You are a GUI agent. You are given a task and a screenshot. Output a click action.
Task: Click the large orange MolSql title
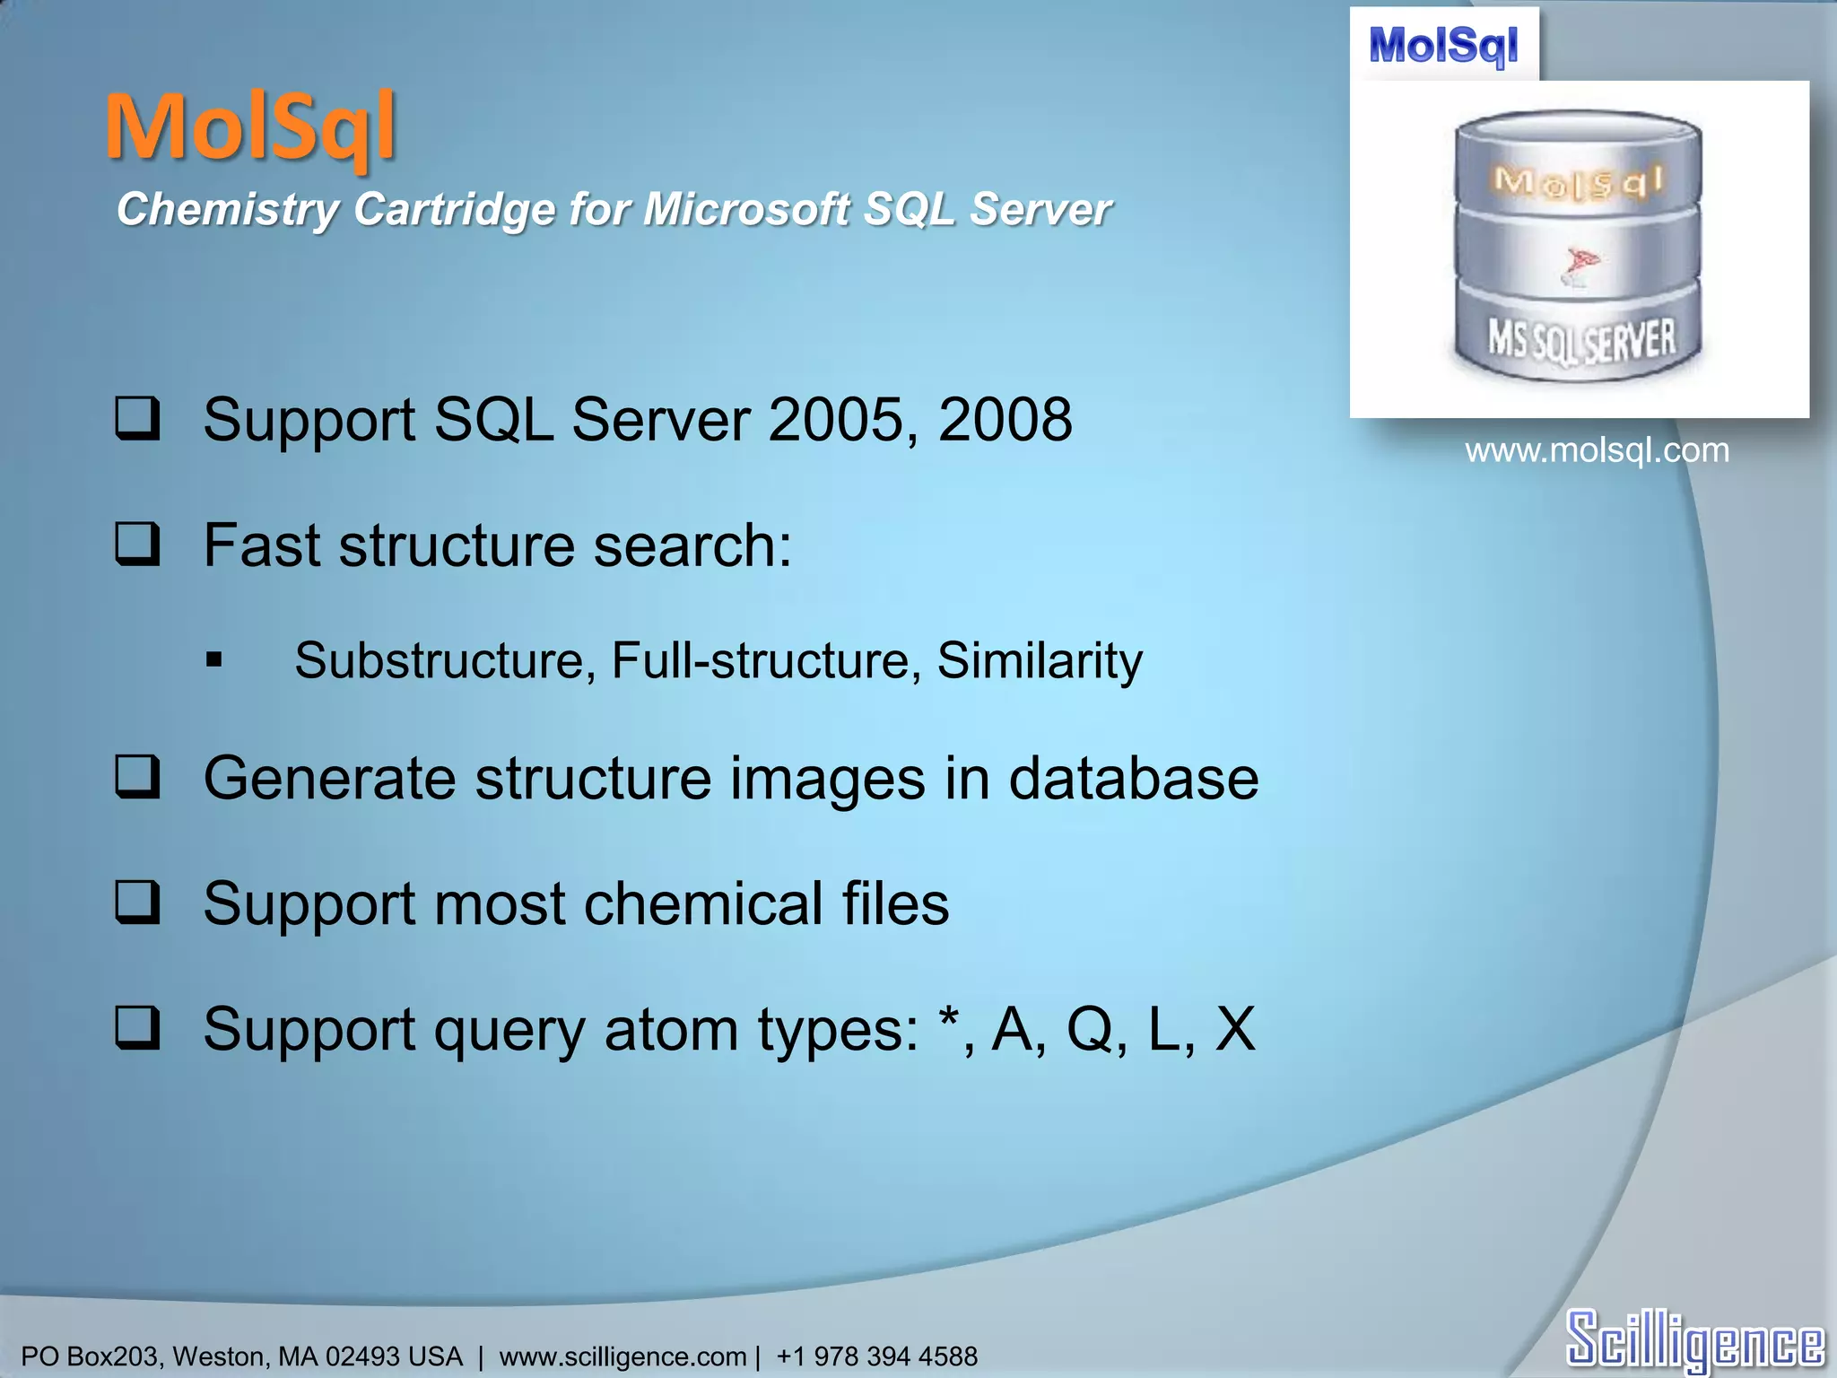(x=250, y=127)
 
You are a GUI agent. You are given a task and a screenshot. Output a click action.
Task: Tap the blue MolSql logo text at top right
(x=1443, y=45)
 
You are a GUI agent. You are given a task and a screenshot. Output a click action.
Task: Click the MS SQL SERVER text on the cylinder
(x=1581, y=341)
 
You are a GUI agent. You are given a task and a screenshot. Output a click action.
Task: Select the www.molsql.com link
(x=1597, y=450)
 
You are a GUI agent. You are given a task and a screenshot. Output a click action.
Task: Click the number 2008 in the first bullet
(x=1005, y=420)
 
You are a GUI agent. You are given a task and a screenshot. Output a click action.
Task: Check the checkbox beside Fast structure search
(x=138, y=545)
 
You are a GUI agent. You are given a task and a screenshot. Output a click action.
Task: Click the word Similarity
(x=1040, y=661)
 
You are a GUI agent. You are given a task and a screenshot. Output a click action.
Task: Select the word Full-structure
(x=761, y=661)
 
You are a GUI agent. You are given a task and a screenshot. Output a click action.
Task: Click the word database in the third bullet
(x=1134, y=778)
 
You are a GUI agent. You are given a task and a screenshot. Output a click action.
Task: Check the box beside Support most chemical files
(x=138, y=903)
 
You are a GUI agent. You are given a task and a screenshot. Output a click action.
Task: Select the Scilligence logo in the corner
(x=1694, y=1339)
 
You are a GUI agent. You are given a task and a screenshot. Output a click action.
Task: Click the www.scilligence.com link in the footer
(x=622, y=1356)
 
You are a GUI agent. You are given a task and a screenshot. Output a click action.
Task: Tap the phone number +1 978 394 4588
(x=876, y=1356)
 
